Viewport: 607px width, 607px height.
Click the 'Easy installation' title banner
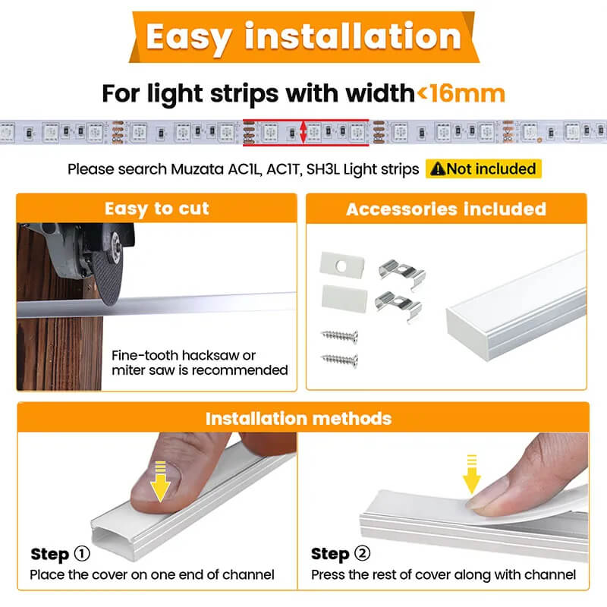pos(303,36)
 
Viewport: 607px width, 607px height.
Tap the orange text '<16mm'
pos(460,93)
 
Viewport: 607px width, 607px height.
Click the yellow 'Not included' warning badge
pos(483,168)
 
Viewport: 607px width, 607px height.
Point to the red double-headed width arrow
pos(303,131)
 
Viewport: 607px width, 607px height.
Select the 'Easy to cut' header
pos(156,209)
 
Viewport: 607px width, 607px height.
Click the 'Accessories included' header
pos(446,209)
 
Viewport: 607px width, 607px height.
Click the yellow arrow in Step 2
pos(472,473)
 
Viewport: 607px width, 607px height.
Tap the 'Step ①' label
pos(60,554)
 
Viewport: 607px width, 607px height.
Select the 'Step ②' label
pos(341,554)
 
